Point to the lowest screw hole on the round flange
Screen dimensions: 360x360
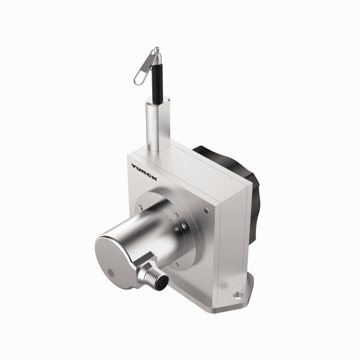pyautogui.click(x=177, y=263)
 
